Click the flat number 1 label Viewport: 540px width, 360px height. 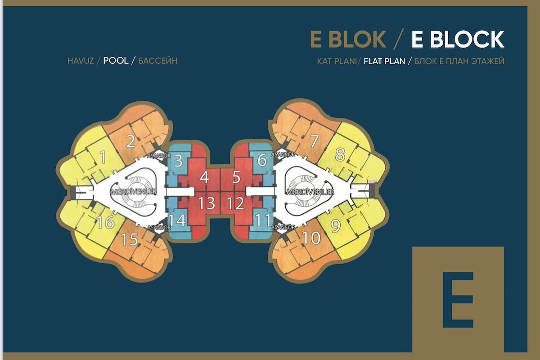click(x=103, y=157)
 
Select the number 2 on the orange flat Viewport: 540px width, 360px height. click(x=130, y=141)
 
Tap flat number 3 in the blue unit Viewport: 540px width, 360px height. click(x=178, y=161)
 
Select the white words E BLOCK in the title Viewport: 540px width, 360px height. click(x=458, y=39)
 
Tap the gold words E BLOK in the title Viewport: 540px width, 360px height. click(x=348, y=39)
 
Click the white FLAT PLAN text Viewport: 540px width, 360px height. click(x=384, y=61)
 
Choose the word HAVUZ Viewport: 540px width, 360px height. click(x=81, y=61)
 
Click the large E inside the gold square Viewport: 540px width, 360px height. click(x=458, y=300)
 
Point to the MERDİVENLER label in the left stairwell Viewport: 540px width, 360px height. click(x=134, y=192)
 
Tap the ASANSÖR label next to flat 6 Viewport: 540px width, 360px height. click(x=283, y=154)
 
